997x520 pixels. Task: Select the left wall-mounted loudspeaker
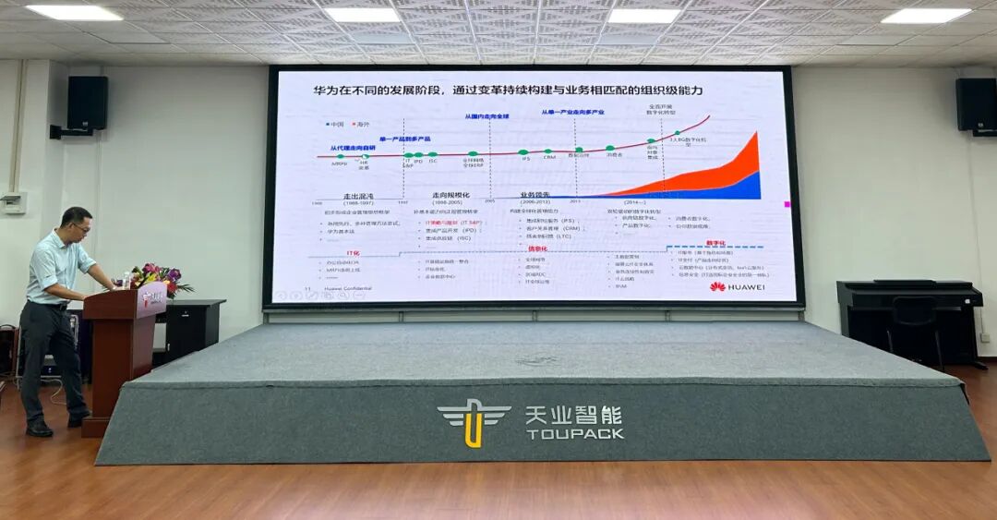[87, 103]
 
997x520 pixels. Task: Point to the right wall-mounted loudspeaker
[975, 104]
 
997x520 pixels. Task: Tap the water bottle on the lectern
[126, 279]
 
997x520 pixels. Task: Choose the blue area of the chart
[729, 188]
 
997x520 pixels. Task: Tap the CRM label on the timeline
[549, 157]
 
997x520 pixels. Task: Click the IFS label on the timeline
[525, 158]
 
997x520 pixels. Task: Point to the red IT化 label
[353, 252]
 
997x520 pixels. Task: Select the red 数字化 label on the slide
[715, 243]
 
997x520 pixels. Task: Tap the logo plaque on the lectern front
[151, 297]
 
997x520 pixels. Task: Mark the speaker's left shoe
[39, 429]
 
